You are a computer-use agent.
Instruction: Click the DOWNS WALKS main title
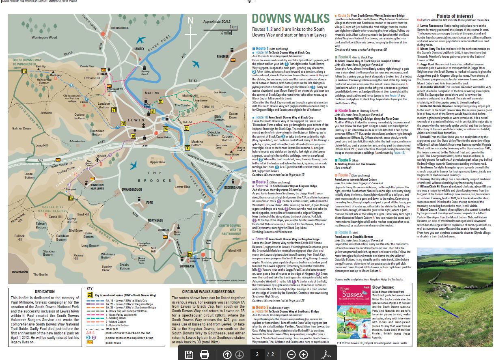[291, 19]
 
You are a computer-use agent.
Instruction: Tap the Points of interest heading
[454, 16]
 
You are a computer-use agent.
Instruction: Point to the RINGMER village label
[222, 56]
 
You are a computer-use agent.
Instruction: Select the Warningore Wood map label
[44, 37]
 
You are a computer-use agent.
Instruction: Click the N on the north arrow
[190, 20]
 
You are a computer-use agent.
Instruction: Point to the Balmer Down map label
[22, 128]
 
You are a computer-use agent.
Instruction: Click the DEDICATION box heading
[45, 292]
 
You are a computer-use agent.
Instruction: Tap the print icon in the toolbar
[205, 354]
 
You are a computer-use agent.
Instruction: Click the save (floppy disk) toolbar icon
[189, 354]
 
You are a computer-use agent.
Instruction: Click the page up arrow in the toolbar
[227, 354]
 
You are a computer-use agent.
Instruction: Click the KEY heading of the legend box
[90, 289]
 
